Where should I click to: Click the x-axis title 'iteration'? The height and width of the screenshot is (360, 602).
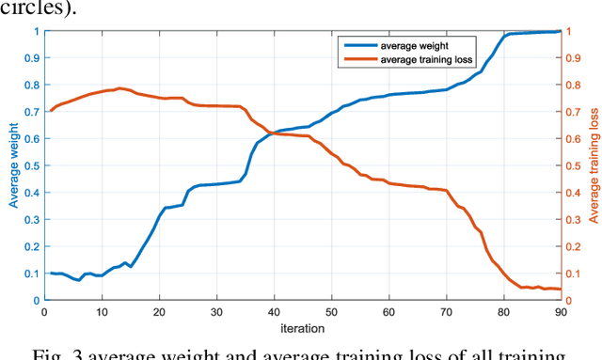coord(303,329)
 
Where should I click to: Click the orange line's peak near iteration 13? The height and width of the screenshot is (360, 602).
coord(119,88)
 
